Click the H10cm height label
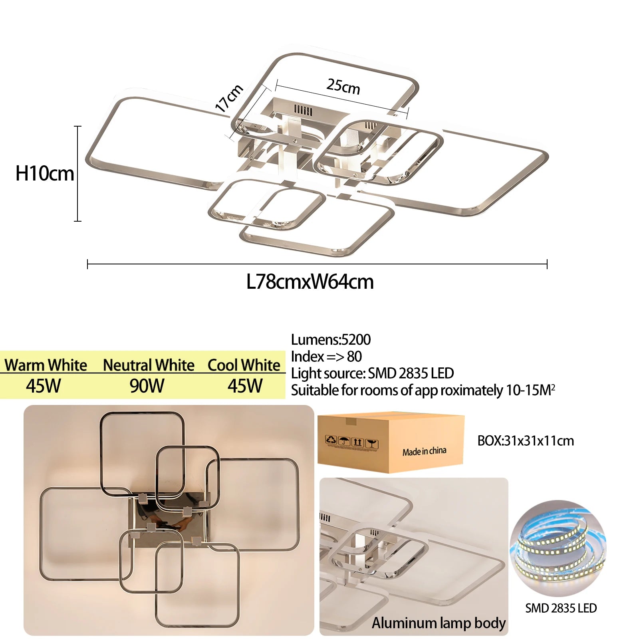tap(44, 174)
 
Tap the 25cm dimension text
tap(343, 87)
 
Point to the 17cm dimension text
tap(229, 98)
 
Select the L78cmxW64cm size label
tap(310, 282)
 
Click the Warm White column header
tap(46, 365)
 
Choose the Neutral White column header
tap(149, 365)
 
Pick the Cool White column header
tap(244, 365)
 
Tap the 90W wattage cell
tap(147, 386)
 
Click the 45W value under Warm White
tap(44, 386)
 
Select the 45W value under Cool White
tap(245, 386)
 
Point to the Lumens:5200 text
tap(331, 339)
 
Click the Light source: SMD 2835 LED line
tap(372, 373)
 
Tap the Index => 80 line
tap(326, 356)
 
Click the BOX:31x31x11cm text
tap(526, 441)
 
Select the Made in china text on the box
tap(424, 451)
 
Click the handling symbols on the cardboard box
tap(351, 442)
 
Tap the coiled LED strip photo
tap(558, 548)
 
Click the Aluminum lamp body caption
tap(439, 623)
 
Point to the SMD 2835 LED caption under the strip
tap(561, 608)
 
